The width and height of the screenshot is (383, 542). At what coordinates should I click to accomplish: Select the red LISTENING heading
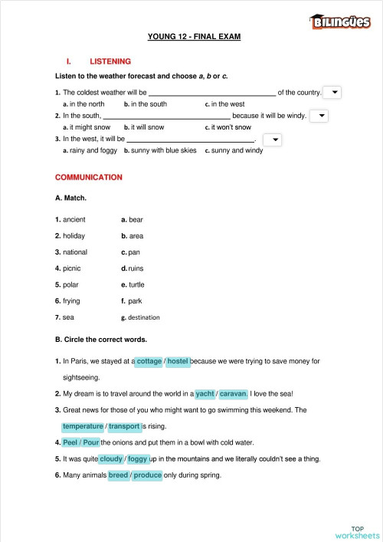point(110,61)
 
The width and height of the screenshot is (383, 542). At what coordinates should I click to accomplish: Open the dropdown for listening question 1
point(332,92)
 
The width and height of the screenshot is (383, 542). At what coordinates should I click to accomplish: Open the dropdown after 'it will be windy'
point(319,116)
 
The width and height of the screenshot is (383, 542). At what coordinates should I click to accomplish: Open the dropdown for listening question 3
point(272,140)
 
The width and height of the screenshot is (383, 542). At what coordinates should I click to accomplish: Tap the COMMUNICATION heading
point(88,177)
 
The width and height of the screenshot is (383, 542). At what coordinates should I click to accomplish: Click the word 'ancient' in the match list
point(74,219)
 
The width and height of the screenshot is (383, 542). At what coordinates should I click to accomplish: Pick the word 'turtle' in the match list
point(136,284)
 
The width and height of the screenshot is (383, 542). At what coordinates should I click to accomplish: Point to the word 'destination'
point(144,317)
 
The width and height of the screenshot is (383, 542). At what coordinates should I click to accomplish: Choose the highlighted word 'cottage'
point(149,360)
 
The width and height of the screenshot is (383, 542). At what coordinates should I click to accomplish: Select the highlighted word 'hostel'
point(178,360)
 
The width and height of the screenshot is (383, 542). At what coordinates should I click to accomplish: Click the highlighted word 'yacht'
point(205,393)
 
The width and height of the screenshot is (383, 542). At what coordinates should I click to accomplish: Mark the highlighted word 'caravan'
point(234,393)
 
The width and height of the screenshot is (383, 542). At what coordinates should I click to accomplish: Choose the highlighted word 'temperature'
point(83,426)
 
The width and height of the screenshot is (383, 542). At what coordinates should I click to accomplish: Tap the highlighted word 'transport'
point(124,426)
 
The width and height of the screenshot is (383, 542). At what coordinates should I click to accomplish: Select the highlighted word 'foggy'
point(138,459)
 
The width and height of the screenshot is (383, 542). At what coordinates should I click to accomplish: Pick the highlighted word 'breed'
point(119,475)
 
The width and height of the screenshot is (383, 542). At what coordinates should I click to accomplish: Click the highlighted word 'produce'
point(148,475)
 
